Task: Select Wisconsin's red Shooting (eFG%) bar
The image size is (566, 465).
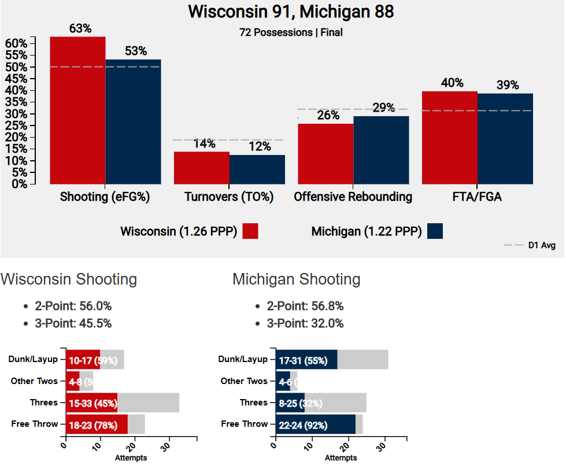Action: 77,110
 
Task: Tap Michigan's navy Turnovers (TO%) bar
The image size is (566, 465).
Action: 257,169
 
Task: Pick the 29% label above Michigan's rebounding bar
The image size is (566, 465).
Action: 383,108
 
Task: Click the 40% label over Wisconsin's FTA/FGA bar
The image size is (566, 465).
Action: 452,83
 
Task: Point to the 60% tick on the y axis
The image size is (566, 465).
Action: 16,43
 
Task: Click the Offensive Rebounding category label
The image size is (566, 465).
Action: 353,197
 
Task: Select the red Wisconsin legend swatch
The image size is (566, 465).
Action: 250,231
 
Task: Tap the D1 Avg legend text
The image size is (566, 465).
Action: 541,245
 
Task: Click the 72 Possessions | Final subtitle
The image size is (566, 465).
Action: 291,32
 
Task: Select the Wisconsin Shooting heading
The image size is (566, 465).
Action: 69,279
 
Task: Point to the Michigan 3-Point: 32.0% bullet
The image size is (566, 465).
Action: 305,323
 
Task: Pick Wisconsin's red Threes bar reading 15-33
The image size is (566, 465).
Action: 91,403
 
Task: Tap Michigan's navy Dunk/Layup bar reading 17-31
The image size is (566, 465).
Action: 306,359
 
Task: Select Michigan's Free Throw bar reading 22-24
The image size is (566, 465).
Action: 315,425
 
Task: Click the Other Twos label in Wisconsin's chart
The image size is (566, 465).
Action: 35,381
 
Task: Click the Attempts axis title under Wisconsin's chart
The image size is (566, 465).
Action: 131,458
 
